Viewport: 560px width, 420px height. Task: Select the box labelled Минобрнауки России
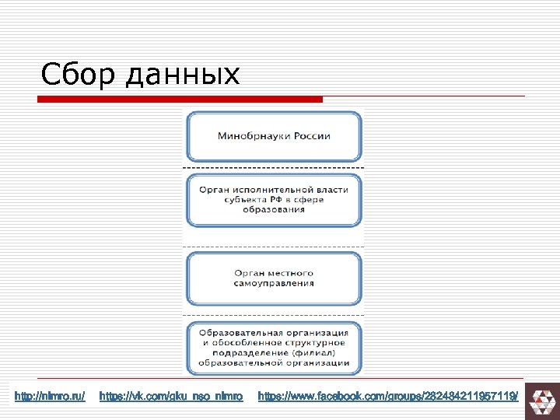273,136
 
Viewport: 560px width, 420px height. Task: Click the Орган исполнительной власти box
273,200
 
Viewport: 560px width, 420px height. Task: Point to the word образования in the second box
273,211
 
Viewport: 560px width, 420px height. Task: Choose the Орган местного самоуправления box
273,278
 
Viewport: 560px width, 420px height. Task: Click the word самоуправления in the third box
273,284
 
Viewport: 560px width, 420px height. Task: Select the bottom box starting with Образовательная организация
273,347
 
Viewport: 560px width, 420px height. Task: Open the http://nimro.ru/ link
50,397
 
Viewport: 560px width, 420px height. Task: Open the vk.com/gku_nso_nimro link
171,397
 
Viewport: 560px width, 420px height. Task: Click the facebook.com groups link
387,397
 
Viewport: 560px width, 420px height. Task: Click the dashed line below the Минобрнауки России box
273,167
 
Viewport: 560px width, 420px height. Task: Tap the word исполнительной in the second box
273,190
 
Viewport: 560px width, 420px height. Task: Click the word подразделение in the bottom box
238,352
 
